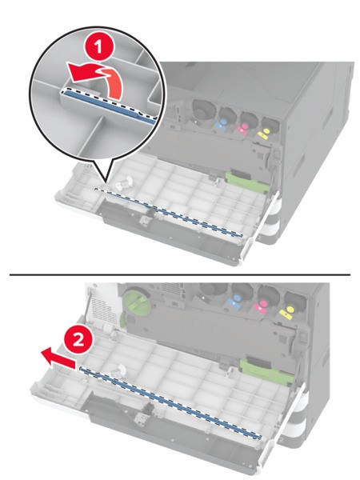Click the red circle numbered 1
tap(98, 48)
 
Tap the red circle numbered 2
tap(79, 340)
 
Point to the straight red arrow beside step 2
tap(58, 358)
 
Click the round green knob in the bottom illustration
tap(136, 299)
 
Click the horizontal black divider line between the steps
tap(180, 274)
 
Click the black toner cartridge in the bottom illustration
tap(214, 292)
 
